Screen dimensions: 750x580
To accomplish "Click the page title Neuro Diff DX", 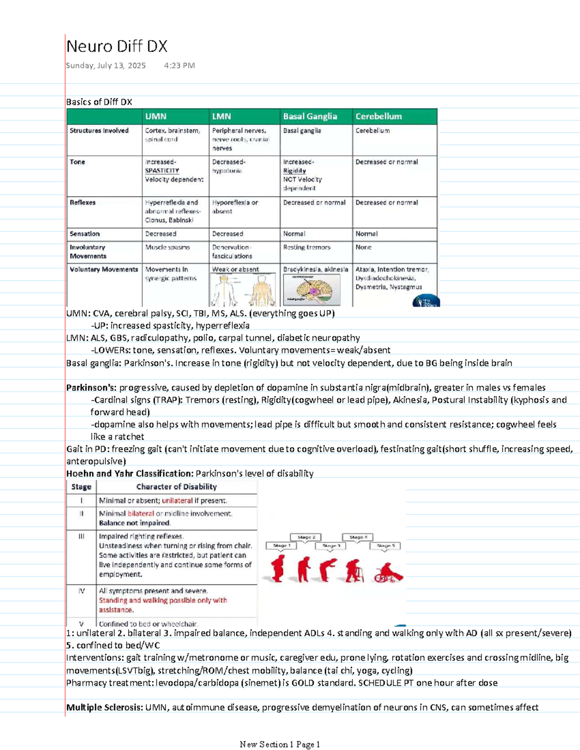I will click(117, 46).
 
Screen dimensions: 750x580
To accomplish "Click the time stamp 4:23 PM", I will click(179, 66).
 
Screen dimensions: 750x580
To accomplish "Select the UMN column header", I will click(156, 116).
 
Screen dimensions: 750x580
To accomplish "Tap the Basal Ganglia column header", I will click(310, 116).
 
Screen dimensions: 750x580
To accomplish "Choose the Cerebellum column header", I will click(378, 116).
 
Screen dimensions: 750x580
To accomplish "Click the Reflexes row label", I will click(83, 203).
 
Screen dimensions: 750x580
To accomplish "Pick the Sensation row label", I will click(85, 234).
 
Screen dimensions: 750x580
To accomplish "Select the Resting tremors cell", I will click(306, 247).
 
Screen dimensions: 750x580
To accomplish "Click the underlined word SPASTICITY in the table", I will click(162, 171).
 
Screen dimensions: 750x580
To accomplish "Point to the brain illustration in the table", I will click(312, 289).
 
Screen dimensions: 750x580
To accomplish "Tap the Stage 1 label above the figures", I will click(281, 546).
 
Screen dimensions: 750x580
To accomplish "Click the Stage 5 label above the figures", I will click(385, 546).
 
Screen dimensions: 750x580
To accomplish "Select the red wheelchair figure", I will click(388, 573).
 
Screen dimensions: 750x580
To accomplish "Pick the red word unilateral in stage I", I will click(177, 501).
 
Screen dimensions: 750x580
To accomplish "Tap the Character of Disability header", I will click(176, 487).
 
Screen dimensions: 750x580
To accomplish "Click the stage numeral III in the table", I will click(81, 537).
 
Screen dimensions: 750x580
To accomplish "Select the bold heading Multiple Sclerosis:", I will click(104, 708).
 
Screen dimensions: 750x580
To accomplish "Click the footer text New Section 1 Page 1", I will click(280, 744).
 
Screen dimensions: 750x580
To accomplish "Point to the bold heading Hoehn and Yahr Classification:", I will click(130, 474).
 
